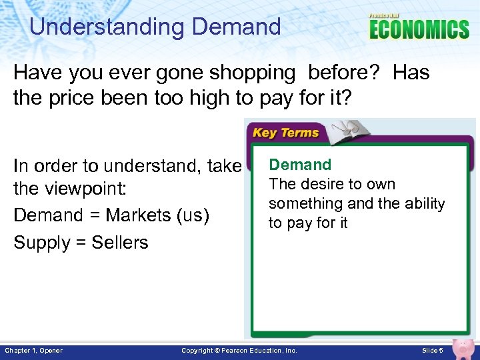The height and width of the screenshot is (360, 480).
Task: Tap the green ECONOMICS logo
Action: point(419,30)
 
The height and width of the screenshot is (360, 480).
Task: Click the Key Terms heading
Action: point(285,133)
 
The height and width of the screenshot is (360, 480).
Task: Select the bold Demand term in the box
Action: point(300,165)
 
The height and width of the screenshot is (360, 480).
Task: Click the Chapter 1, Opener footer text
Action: point(33,351)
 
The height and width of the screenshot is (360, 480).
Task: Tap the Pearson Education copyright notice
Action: point(239,351)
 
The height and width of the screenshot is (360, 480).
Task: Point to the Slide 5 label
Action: point(433,351)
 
